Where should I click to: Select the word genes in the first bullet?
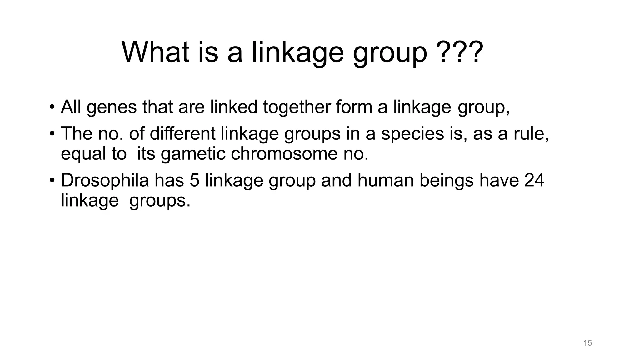(112, 107)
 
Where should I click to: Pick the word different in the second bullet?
(182, 133)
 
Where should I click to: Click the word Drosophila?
(105, 181)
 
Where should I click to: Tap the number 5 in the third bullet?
(194, 181)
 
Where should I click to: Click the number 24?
(534, 181)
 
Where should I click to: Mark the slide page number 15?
(587, 343)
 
